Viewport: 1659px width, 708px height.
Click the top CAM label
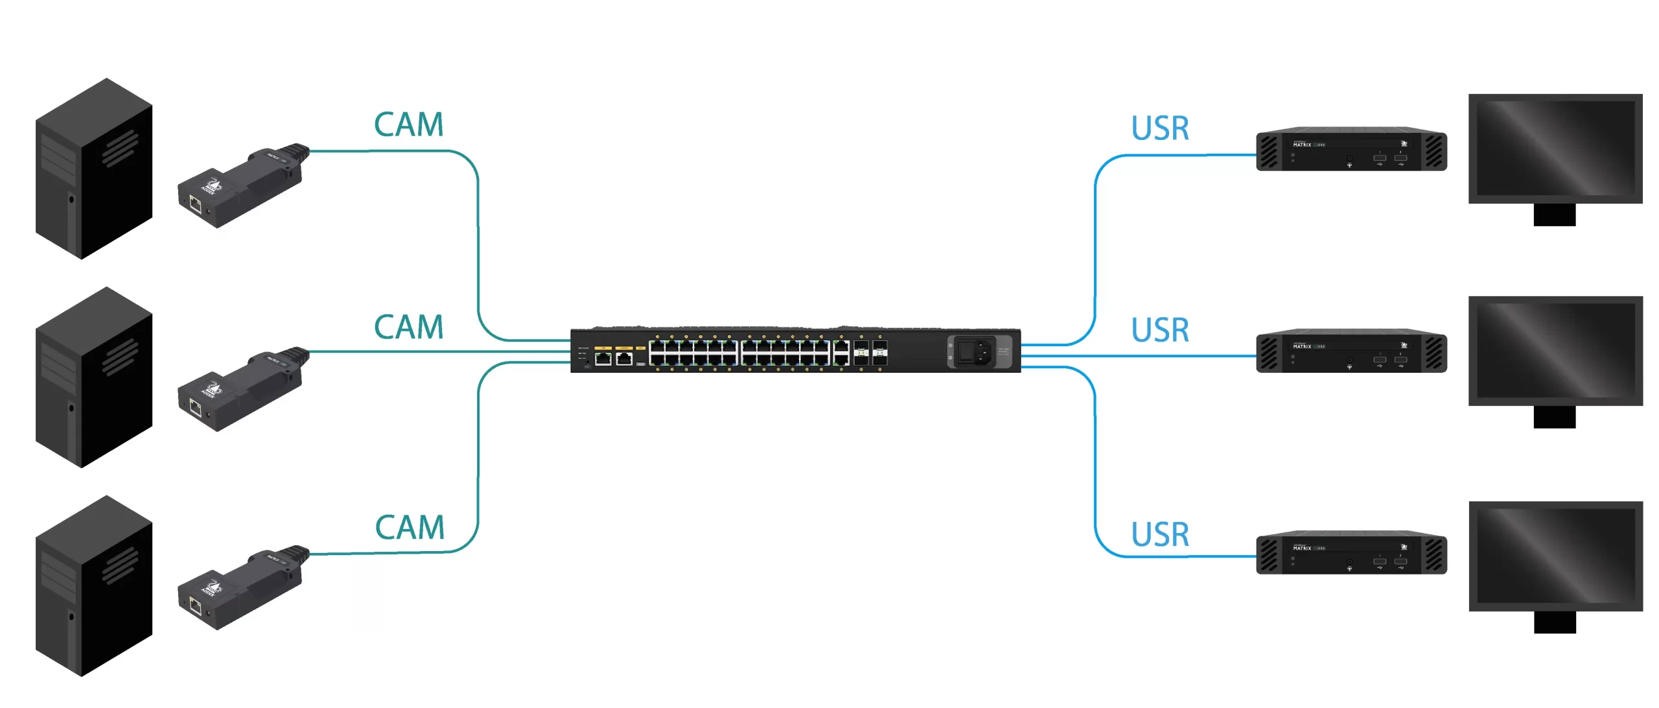[409, 124]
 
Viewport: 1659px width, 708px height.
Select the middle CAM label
[409, 327]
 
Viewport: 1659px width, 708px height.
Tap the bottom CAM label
[410, 527]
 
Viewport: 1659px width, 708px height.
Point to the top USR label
[1160, 128]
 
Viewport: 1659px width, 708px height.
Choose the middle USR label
[1160, 330]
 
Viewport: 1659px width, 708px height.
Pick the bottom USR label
[1160, 535]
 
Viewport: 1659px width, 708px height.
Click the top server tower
[94, 169]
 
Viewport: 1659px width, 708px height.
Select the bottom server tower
[94, 586]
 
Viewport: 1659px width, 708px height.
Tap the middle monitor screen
[1555, 350]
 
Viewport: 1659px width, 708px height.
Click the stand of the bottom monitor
[1555, 623]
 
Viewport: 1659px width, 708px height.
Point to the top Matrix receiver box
[1351, 149]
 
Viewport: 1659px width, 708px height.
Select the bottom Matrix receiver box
[1351, 553]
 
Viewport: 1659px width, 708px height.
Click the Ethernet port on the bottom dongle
[195, 607]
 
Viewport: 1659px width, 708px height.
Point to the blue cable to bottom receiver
[1095, 467]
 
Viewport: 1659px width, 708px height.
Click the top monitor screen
[1555, 148]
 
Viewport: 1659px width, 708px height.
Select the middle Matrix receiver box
[1351, 351]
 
